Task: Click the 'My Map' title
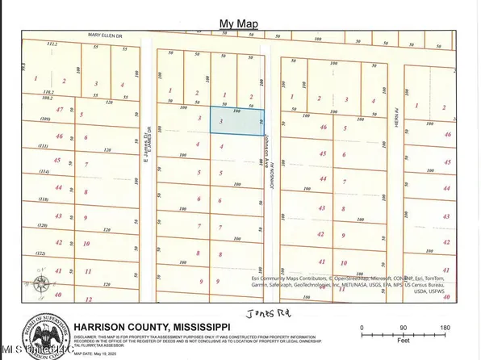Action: pyautogui.click(x=240, y=25)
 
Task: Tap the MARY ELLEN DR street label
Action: pyautogui.click(x=109, y=36)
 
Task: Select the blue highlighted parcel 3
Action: pyautogui.click(x=236, y=121)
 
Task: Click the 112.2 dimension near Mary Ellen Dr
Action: pyautogui.click(x=54, y=45)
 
